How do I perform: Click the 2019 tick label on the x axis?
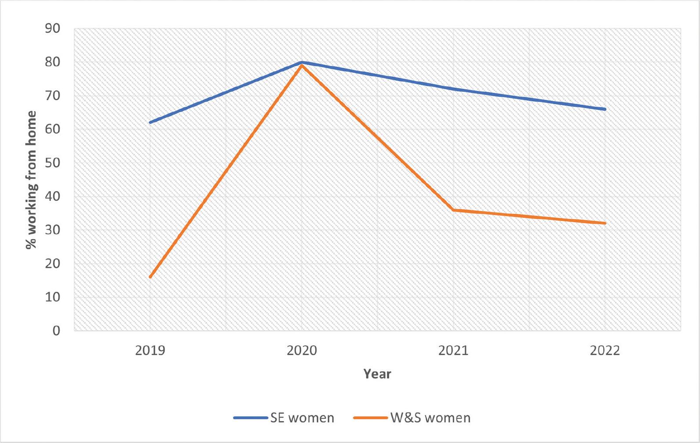pyautogui.click(x=150, y=350)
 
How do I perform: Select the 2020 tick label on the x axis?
pyautogui.click(x=302, y=350)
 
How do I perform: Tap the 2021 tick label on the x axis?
pyautogui.click(x=453, y=350)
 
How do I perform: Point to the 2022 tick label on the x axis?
pyautogui.click(x=605, y=350)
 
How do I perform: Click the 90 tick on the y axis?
pyautogui.click(x=52, y=29)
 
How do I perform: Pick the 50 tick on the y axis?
pyautogui.click(x=52, y=163)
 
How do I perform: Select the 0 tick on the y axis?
pyautogui.click(x=56, y=330)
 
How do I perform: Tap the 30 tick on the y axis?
pyautogui.click(x=52, y=230)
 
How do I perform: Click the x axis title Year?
pyautogui.click(x=377, y=374)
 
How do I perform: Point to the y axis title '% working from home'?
pyautogui.click(x=31, y=180)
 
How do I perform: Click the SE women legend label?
pyautogui.click(x=302, y=418)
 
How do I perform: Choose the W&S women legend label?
pyautogui.click(x=430, y=418)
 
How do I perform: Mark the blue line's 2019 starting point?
pyautogui.click(x=150, y=122)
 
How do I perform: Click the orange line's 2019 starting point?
pyautogui.click(x=150, y=277)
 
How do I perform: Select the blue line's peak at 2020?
pyautogui.click(x=302, y=62)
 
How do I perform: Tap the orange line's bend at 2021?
pyautogui.click(x=453, y=210)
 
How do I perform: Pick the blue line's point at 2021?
pyautogui.click(x=453, y=89)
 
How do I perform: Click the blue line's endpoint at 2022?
pyautogui.click(x=605, y=109)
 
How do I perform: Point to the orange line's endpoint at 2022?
pyautogui.click(x=605, y=223)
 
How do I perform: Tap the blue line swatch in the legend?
pyautogui.click(x=250, y=418)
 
